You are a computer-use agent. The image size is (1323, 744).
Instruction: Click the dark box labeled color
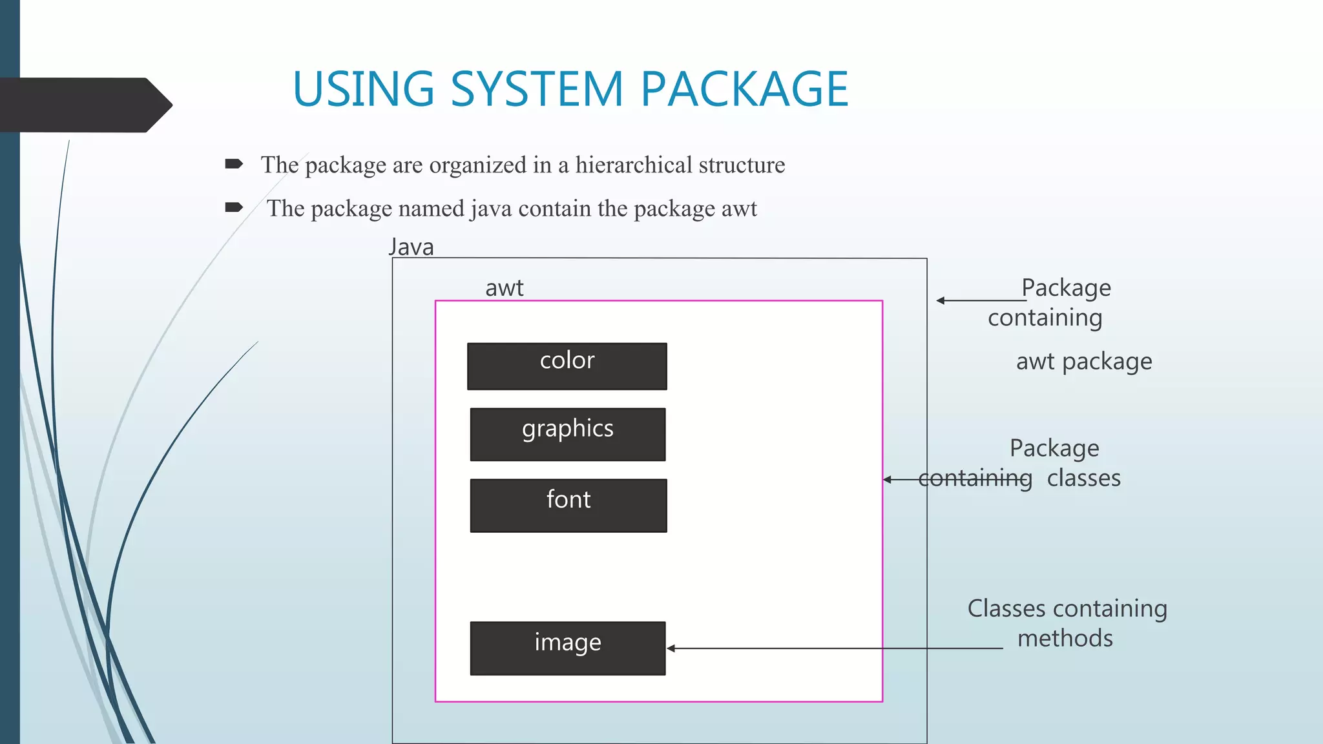(x=567, y=366)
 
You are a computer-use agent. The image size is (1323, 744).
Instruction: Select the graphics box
(x=567, y=434)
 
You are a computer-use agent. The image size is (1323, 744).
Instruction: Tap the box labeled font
(x=568, y=505)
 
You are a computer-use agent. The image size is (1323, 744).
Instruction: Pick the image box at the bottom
(x=567, y=648)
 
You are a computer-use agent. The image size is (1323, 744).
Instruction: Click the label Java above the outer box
(x=411, y=247)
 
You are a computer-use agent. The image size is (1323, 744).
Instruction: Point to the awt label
(x=504, y=288)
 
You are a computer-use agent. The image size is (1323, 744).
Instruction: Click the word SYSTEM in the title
(x=536, y=88)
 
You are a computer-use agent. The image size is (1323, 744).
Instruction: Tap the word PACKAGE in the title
(x=744, y=88)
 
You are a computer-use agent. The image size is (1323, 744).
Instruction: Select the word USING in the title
(x=363, y=88)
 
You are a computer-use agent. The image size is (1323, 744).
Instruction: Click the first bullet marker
(x=233, y=164)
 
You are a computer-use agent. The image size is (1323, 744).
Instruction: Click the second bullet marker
(x=233, y=207)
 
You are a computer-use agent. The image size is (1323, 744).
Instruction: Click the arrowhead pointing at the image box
(x=671, y=648)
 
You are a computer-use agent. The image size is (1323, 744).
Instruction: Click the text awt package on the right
(x=1083, y=361)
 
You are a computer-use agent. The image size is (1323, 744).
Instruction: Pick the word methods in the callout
(x=1065, y=638)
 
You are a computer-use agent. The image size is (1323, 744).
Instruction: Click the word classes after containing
(x=1083, y=478)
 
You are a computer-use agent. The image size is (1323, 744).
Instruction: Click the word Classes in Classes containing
(x=1006, y=608)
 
